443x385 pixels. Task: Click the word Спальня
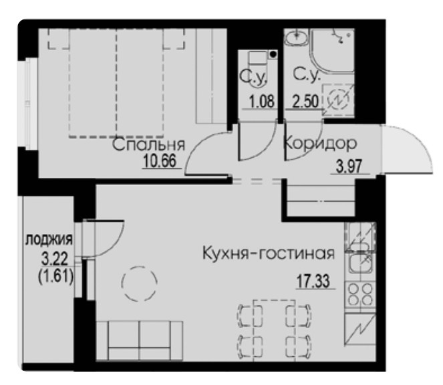148,145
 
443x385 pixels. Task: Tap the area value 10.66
160,162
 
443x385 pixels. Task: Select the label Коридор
320,143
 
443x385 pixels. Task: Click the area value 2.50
305,102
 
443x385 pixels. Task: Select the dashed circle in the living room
140,284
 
